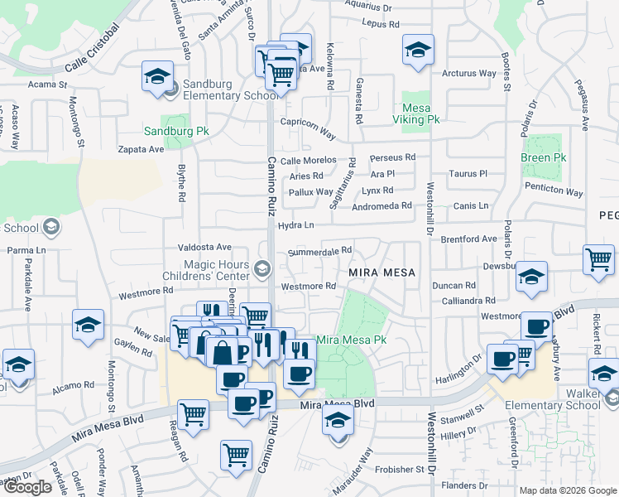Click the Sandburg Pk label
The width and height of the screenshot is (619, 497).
tap(176, 132)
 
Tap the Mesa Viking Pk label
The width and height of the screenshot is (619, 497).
tap(420, 113)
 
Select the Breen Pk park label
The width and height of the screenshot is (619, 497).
tap(543, 157)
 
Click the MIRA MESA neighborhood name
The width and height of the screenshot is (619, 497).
tap(381, 272)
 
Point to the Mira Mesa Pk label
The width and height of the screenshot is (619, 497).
tap(353, 340)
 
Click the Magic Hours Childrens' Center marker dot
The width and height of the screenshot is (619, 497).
tap(262, 268)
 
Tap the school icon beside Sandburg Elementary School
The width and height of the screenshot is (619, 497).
tap(156, 76)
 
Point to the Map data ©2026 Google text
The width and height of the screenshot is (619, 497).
tap(567, 490)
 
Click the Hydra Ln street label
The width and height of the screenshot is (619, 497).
tap(297, 225)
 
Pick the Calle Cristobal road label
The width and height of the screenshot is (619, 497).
tap(92, 51)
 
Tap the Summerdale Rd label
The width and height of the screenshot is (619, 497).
tap(320, 250)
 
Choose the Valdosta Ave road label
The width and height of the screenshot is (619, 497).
tap(205, 247)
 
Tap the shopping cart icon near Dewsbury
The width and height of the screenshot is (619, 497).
tap(598, 259)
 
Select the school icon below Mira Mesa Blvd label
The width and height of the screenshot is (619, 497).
tap(337, 421)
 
